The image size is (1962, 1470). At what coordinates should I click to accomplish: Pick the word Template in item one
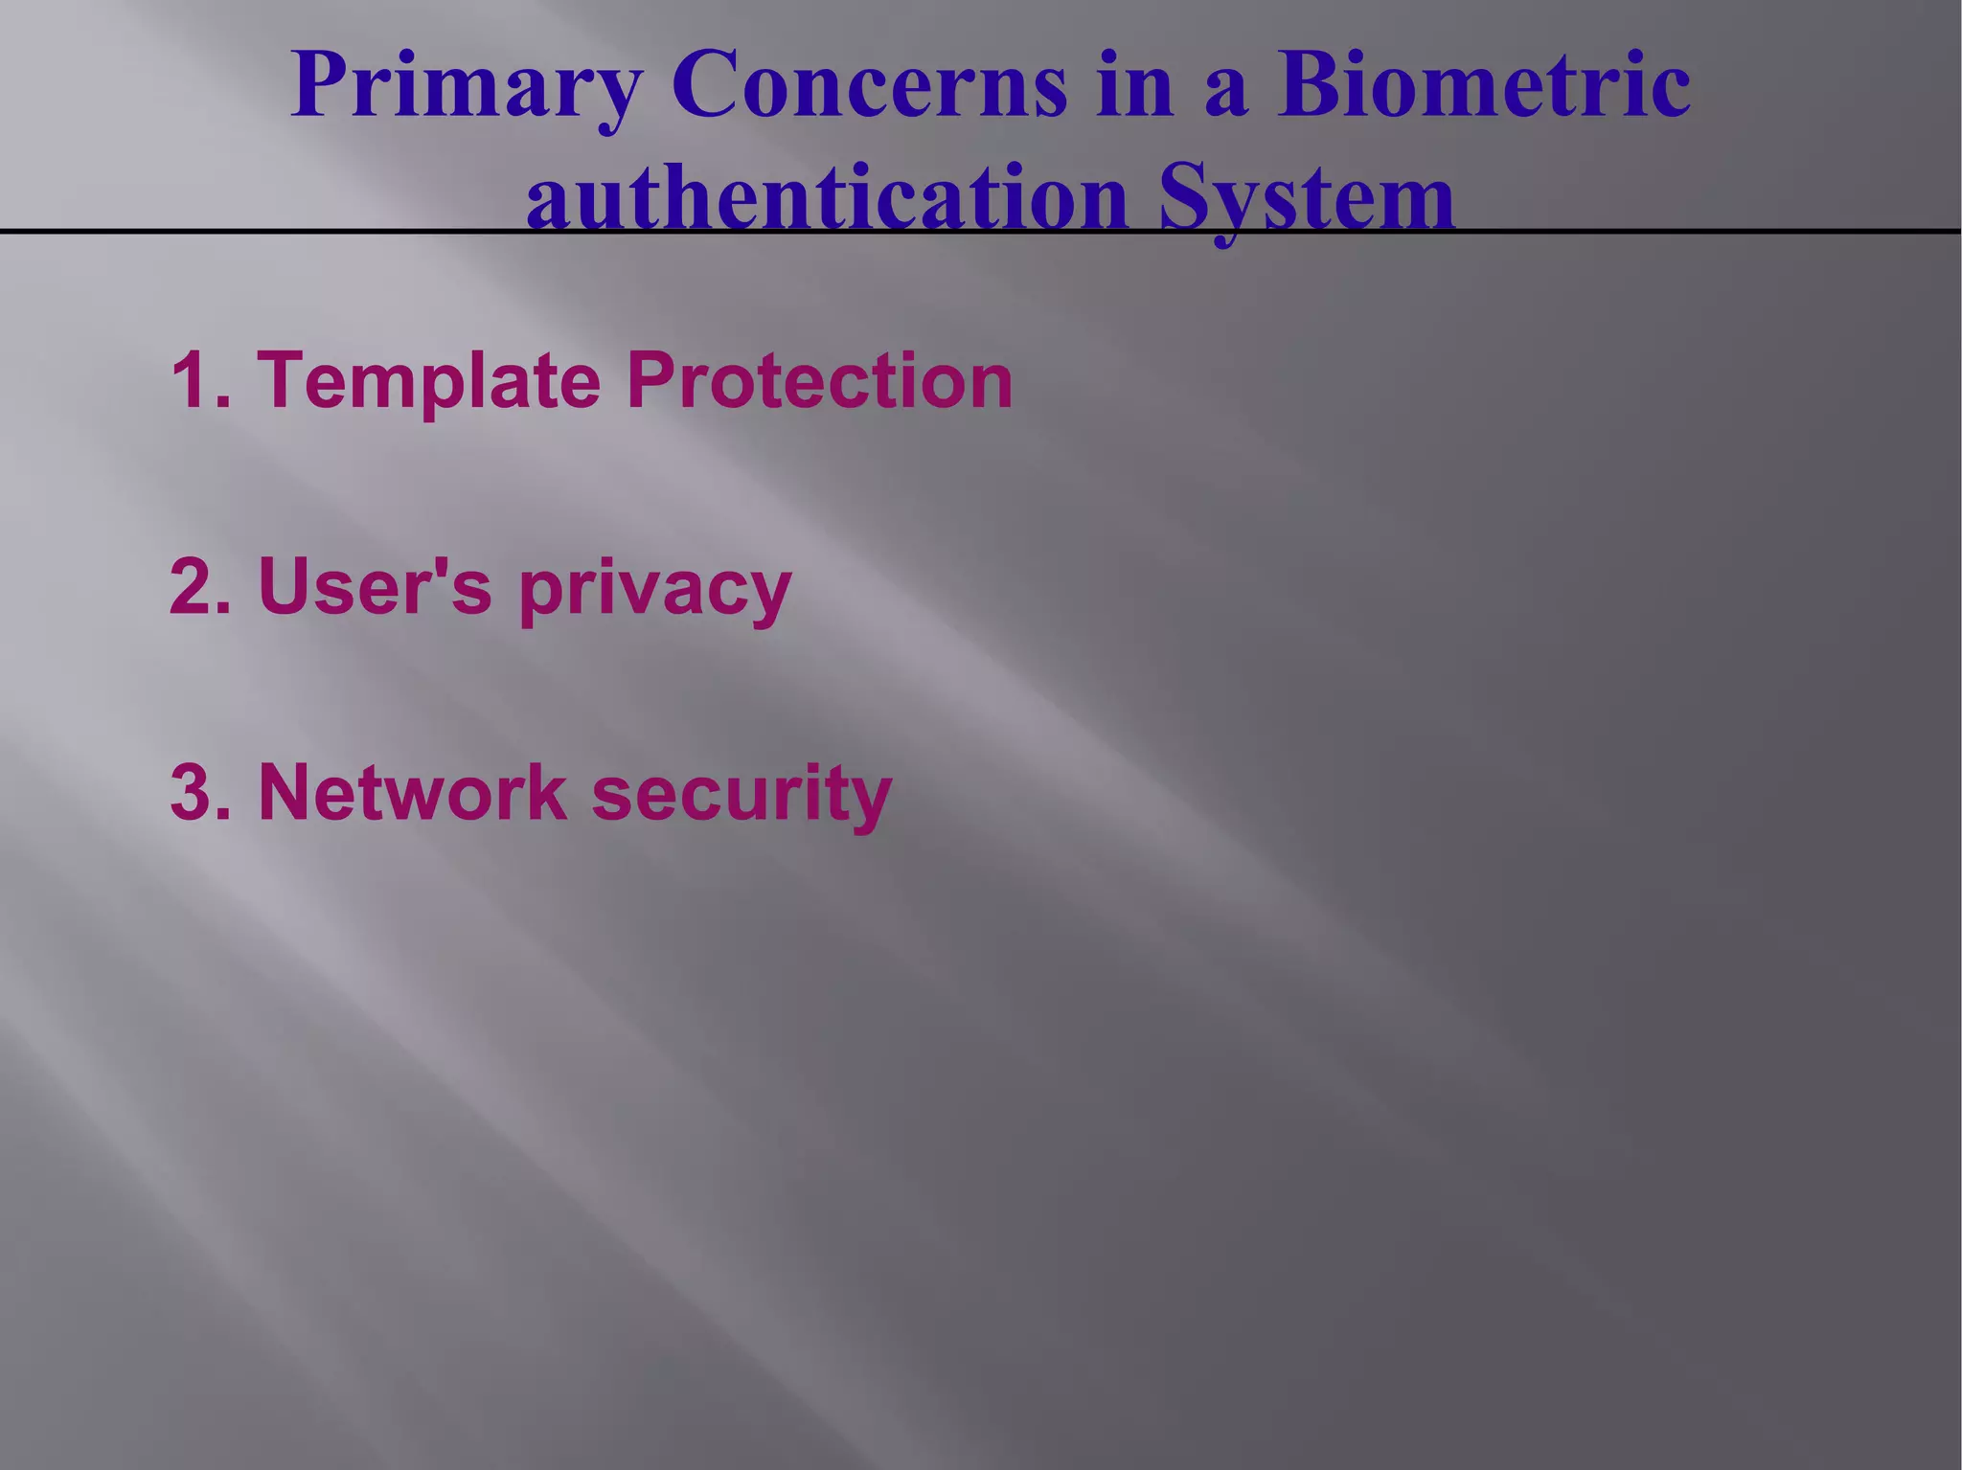click(x=428, y=380)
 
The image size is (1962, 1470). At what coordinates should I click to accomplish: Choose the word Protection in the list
click(x=820, y=380)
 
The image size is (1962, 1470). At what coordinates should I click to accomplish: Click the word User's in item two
click(x=375, y=586)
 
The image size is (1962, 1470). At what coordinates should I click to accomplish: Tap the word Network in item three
click(x=412, y=792)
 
